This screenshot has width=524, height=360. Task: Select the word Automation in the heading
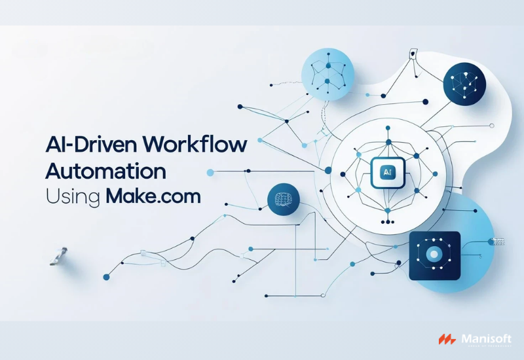pos(105,171)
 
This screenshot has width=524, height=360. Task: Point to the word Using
pos(71,197)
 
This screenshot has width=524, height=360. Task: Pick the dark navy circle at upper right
pos(467,85)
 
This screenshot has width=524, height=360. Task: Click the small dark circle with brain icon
pos(284,199)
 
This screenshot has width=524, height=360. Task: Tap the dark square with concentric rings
pos(434,255)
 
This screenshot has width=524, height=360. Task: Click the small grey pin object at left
pos(60,256)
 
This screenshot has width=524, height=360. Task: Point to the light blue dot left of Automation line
pos(210,172)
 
